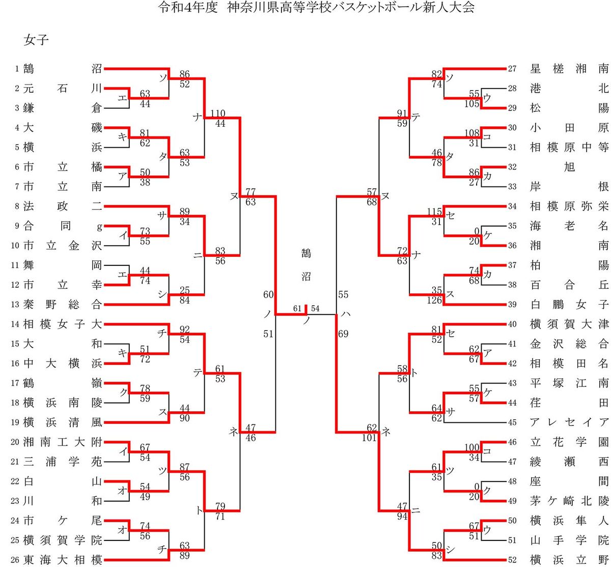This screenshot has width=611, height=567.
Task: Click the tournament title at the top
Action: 316,8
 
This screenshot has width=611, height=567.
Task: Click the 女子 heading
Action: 36,40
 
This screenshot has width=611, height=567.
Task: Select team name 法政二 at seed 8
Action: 63,206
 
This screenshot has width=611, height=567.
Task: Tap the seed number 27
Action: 512,69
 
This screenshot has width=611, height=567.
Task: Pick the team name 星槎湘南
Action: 569,69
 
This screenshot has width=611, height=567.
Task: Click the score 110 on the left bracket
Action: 218,113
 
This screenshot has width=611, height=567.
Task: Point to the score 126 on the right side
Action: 434,300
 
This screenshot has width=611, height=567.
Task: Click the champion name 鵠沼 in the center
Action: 306,265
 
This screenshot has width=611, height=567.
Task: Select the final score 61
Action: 297,308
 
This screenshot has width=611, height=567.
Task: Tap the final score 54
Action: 315,308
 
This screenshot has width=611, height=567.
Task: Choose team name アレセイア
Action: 569,422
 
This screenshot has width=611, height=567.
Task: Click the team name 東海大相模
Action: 63,560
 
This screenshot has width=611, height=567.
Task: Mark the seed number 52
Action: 512,560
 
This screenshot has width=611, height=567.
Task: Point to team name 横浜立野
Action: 569,560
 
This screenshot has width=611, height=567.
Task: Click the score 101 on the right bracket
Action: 369,438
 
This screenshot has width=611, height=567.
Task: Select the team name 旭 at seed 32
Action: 569,167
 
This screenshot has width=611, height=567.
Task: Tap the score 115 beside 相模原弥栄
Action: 434,211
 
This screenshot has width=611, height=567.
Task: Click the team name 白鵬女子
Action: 569,305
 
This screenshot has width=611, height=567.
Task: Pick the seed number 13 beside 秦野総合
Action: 15,305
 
